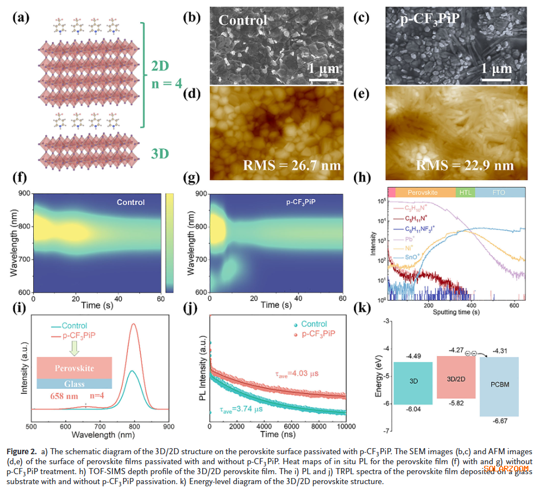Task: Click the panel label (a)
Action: coord(22,17)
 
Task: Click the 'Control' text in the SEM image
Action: coord(243,20)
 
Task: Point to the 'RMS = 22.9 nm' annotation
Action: coord(465,165)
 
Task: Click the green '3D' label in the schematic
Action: coord(161,153)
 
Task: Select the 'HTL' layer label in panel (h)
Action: coord(464,192)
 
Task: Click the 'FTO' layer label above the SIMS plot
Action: coord(498,192)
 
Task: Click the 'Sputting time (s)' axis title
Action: coord(456,312)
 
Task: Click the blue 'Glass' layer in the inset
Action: coord(74,383)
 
